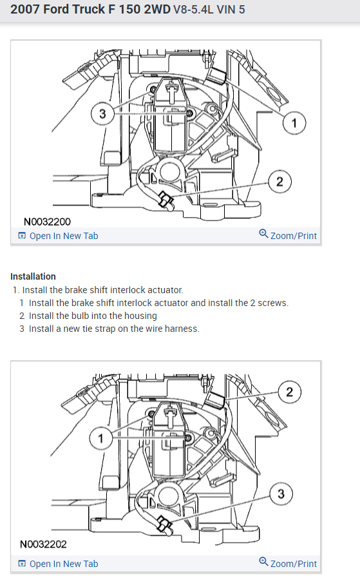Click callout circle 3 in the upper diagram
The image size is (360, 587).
(x=102, y=113)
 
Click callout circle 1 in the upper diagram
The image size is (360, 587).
(x=294, y=123)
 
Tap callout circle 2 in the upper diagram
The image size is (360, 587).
(x=280, y=182)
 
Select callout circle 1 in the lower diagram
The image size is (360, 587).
(x=100, y=438)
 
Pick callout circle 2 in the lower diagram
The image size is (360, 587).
(x=289, y=392)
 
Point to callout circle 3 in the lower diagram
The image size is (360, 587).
(x=281, y=494)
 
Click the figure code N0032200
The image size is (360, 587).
(x=47, y=222)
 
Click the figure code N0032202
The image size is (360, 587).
(x=43, y=544)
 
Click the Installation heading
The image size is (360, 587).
(x=33, y=276)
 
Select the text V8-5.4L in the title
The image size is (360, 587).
(x=193, y=10)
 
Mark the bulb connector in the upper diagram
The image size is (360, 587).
(x=166, y=200)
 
